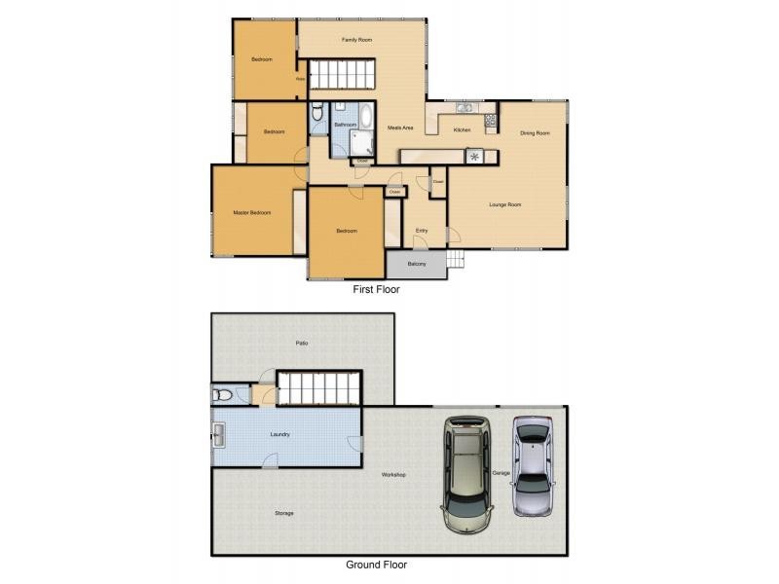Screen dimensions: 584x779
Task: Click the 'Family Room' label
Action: coord(357,40)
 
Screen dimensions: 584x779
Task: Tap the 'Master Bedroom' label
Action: coord(251,212)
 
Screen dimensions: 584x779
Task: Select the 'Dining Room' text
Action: coord(535,133)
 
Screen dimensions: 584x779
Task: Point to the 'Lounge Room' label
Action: coord(505,204)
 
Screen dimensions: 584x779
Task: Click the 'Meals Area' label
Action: coord(401,128)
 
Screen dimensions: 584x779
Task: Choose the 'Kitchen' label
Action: coord(462,129)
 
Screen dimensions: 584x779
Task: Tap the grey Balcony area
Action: coord(417,264)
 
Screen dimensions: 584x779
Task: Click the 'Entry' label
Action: coord(421,231)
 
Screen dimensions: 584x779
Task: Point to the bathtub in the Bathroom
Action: coord(365,118)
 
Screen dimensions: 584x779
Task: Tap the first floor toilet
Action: coord(317,118)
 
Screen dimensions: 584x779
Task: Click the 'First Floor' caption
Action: coord(376,289)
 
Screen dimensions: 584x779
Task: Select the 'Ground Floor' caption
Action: coord(376,565)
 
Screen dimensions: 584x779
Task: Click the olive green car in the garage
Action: coord(466,474)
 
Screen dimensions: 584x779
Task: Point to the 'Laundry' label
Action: coord(279,434)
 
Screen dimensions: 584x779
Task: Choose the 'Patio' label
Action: coord(303,344)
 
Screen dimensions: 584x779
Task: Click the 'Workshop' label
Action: coord(392,475)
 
